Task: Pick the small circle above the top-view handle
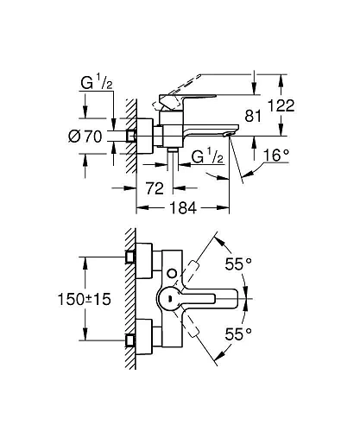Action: tap(171, 274)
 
